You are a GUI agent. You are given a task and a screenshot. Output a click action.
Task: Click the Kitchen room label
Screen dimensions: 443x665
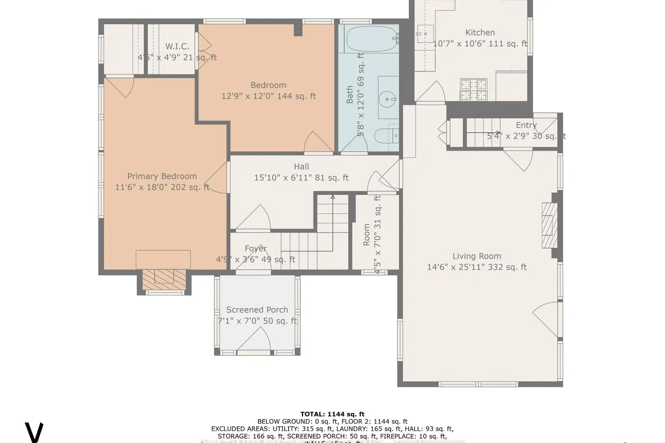pyautogui.click(x=480, y=32)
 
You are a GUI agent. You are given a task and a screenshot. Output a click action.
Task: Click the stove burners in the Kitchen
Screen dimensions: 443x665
pyautogui.click(x=473, y=89)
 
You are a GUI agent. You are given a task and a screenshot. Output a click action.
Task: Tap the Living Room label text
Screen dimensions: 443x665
pyautogui.click(x=477, y=256)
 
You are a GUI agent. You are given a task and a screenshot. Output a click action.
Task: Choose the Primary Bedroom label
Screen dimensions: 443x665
pyautogui.click(x=162, y=176)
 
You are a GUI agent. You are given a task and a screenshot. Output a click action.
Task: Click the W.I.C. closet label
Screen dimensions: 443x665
pyautogui.click(x=177, y=47)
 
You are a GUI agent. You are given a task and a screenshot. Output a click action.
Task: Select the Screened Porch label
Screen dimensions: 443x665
pyautogui.click(x=257, y=310)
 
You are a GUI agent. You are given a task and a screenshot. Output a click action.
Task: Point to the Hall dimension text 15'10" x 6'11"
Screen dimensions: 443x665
pyautogui.click(x=301, y=178)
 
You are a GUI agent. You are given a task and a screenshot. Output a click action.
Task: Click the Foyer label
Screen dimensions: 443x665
pyautogui.click(x=256, y=249)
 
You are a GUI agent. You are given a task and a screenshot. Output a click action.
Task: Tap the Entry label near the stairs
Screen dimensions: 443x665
pyautogui.click(x=526, y=125)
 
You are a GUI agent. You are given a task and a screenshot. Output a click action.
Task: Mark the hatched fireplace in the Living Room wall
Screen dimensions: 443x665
pyautogui.click(x=549, y=225)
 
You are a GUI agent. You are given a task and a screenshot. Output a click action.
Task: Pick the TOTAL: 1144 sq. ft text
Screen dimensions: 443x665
pyautogui.click(x=332, y=414)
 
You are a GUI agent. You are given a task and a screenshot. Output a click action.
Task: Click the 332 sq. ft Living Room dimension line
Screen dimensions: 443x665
pyautogui.click(x=477, y=267)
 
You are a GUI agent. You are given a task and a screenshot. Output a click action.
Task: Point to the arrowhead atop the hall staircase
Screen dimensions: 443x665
pyautogui.click(x=332, y=196)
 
